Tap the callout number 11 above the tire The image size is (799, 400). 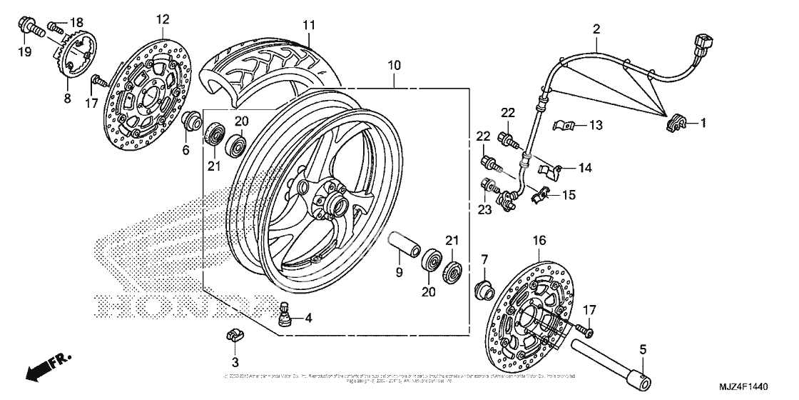coord(307,25)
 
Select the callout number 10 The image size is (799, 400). coord(395,65)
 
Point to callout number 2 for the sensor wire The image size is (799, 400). coord(596,29)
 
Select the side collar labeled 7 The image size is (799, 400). coord(485,289)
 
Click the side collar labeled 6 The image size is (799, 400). coord(191,121)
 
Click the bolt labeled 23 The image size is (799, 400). coord(487,187)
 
